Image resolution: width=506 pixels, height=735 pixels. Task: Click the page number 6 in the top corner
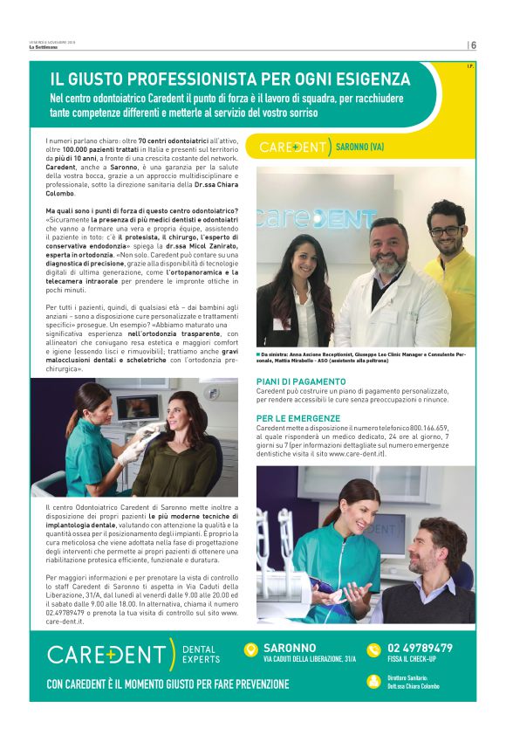(x=473, y=45)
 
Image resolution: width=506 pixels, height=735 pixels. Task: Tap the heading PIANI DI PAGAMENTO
(x=301, y=381)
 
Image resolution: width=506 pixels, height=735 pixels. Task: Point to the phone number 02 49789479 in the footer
(x=420, y=648)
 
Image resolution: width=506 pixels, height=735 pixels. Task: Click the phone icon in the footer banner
(x=373, y=649)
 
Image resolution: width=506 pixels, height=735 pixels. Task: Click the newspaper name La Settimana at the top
(x=42, y=47)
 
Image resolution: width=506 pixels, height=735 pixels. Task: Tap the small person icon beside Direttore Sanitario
(x=373, y=680)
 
